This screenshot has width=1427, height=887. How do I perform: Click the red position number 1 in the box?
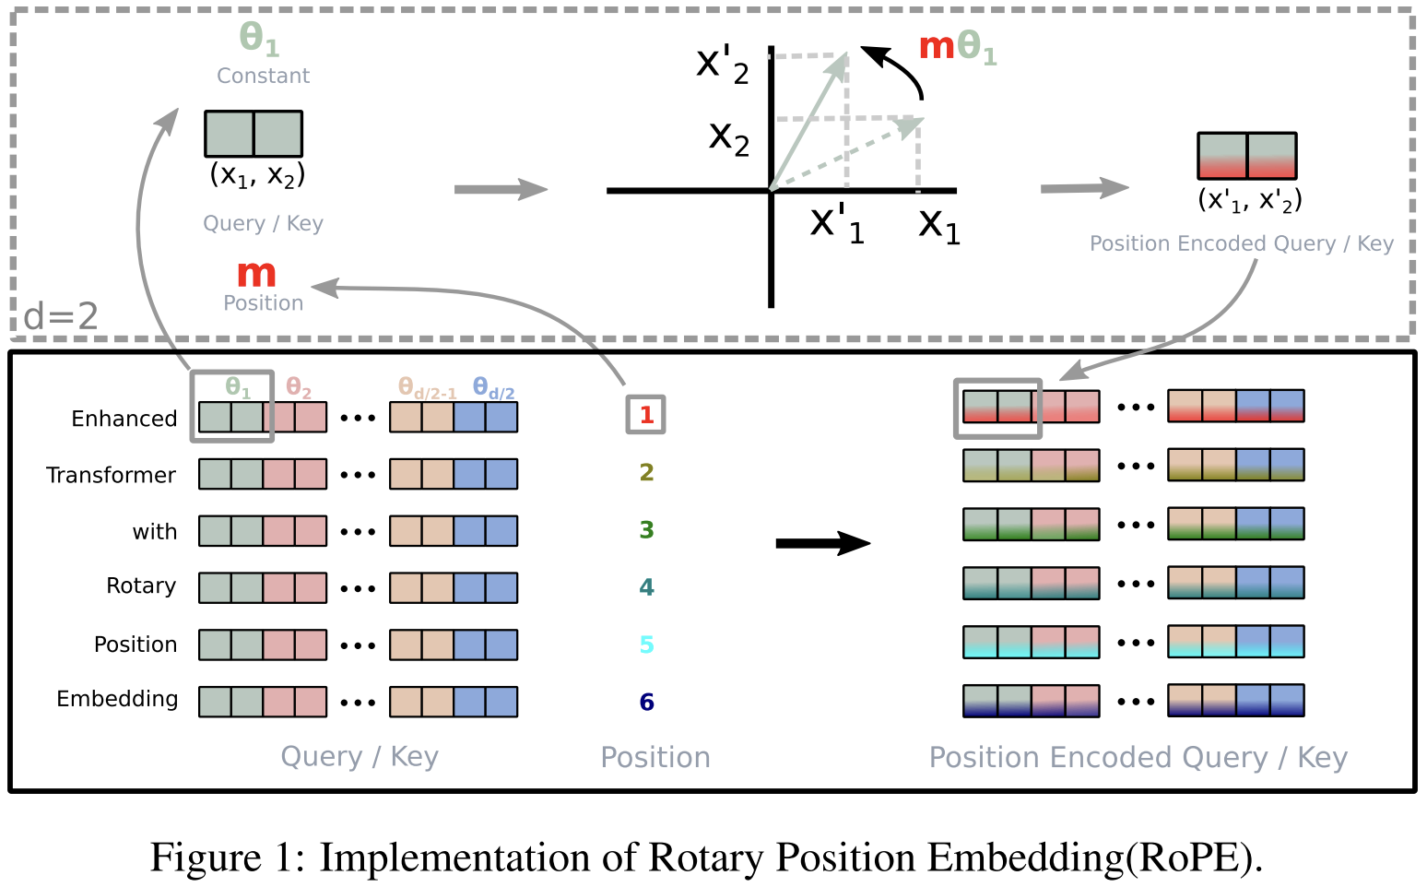[646, 415]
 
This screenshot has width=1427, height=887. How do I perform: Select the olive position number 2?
[646, 472]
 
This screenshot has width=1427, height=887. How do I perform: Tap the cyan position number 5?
[646, 645]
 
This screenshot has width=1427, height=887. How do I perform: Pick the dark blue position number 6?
[646, 703]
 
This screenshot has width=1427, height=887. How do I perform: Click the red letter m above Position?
[256, 274]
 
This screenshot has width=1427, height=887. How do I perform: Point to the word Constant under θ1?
[263, 76]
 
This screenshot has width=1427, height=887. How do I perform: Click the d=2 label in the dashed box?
[61, 317]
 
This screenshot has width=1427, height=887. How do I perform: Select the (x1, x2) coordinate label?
[257, 175]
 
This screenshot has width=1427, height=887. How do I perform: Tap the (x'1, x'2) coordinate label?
[1249, 200]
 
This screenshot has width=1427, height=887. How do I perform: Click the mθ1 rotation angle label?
[958, 47]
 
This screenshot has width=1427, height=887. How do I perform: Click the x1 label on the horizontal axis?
[939, 225]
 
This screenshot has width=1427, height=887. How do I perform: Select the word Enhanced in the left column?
[124, 419]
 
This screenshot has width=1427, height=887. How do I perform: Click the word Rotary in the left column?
[141, 586]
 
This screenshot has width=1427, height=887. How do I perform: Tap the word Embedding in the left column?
[117, 699]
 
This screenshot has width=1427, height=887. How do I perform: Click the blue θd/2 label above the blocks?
[493, 388]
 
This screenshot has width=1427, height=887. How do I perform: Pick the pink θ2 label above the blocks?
[299, 388]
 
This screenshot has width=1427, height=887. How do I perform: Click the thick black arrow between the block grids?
[822, 543]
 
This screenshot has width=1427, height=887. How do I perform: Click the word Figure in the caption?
[206, 857]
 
